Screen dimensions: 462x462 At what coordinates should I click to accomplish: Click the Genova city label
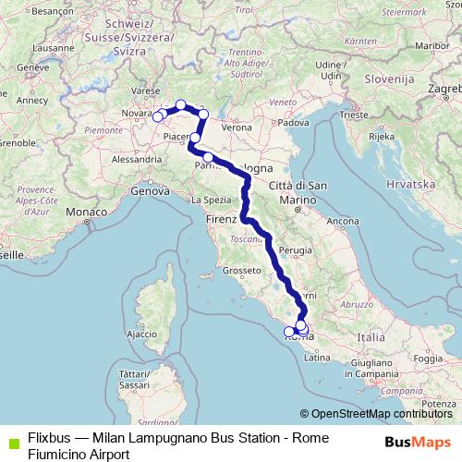point(148,192)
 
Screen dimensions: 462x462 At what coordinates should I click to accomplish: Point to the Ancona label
point(342,221)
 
